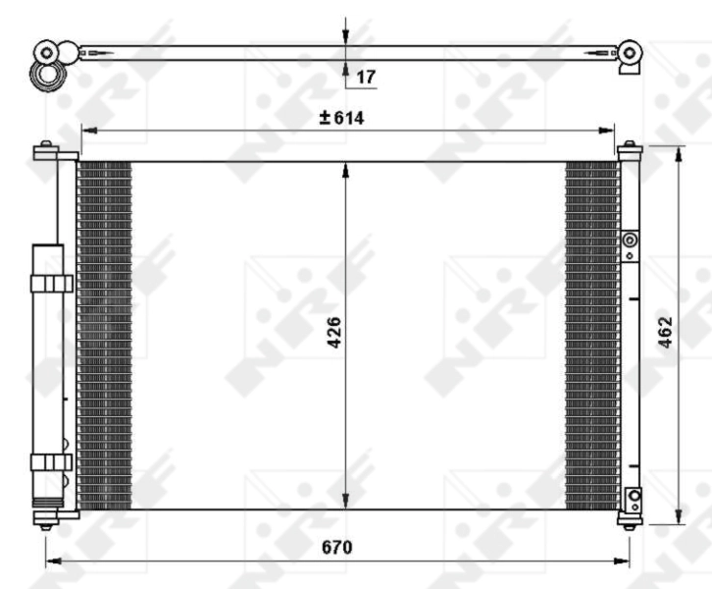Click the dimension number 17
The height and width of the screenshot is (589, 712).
coord(364,75)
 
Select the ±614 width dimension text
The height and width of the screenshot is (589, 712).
coord(340,118)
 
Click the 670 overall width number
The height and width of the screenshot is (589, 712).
coord(337,547)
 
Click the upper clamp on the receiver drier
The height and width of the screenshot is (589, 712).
coord(50,284)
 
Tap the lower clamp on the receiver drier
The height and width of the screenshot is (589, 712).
coord(50,462)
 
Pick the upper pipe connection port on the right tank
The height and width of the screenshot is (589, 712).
coord(630,240)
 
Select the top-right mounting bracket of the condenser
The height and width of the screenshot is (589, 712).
coord(629,150)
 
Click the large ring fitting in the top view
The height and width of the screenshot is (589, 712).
coord(46,74)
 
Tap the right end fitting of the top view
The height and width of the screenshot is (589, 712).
coord(629,54)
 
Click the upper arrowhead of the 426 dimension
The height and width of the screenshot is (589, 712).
coord(344,170)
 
